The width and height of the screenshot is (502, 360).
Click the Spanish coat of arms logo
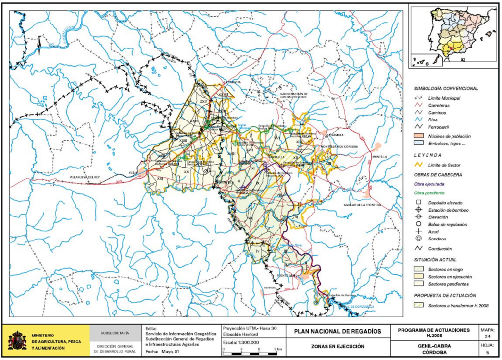(x=17, y=339)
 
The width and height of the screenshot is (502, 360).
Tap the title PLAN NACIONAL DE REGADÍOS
(x=337, y=332)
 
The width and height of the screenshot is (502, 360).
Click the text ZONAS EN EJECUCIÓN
(x=338, y=347)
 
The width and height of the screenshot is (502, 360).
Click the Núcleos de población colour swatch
(x=418, y=135)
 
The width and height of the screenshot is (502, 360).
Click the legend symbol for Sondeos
(x=418, y=239)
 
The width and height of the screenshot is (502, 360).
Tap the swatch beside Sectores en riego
(x=418, y=269)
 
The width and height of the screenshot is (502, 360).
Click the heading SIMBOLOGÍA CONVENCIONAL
(x=446, y=88)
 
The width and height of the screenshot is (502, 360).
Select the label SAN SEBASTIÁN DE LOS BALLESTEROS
(x=290, y=95)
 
